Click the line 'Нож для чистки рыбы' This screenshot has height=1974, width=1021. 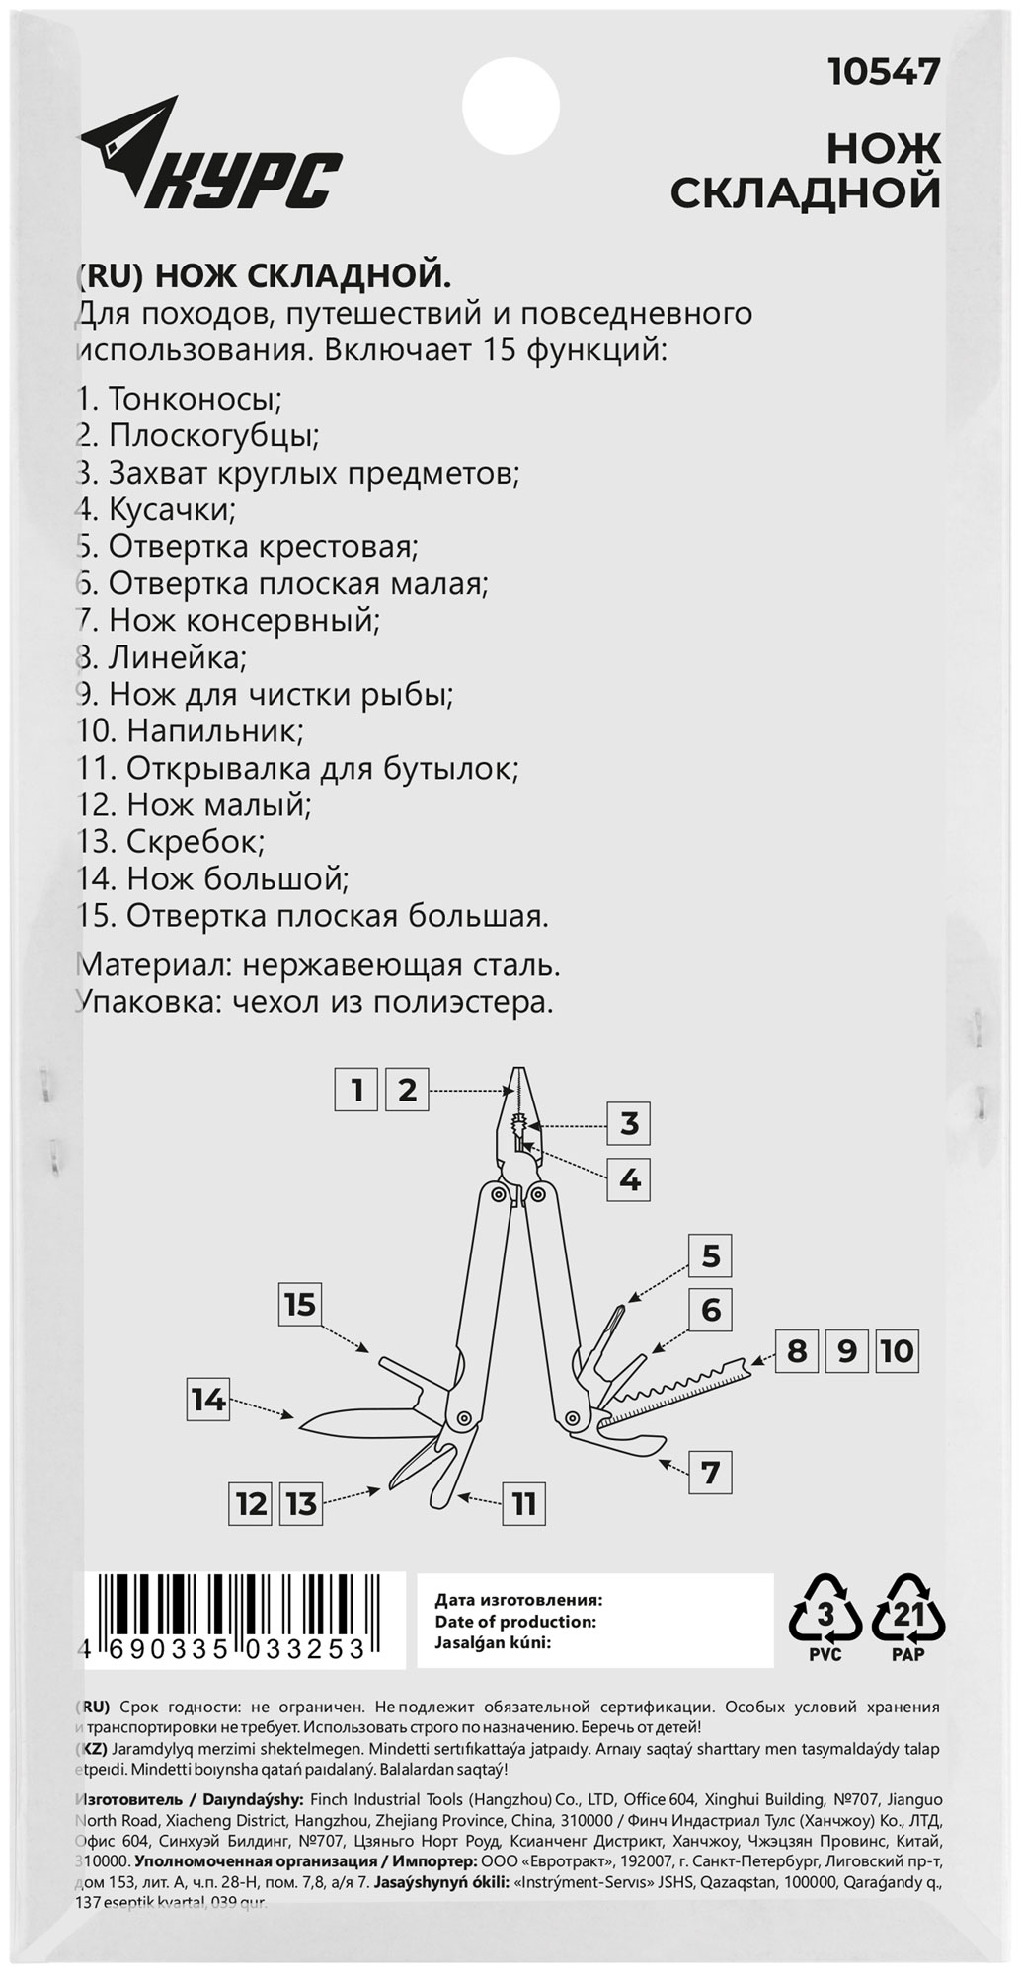[265, 694]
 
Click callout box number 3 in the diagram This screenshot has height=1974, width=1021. [630, 1123]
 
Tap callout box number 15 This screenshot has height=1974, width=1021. [300, 1305]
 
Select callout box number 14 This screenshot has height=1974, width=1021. [208, 1400]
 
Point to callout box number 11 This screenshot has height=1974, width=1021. [523, 1504]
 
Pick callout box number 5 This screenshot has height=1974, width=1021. [711, 1256]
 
